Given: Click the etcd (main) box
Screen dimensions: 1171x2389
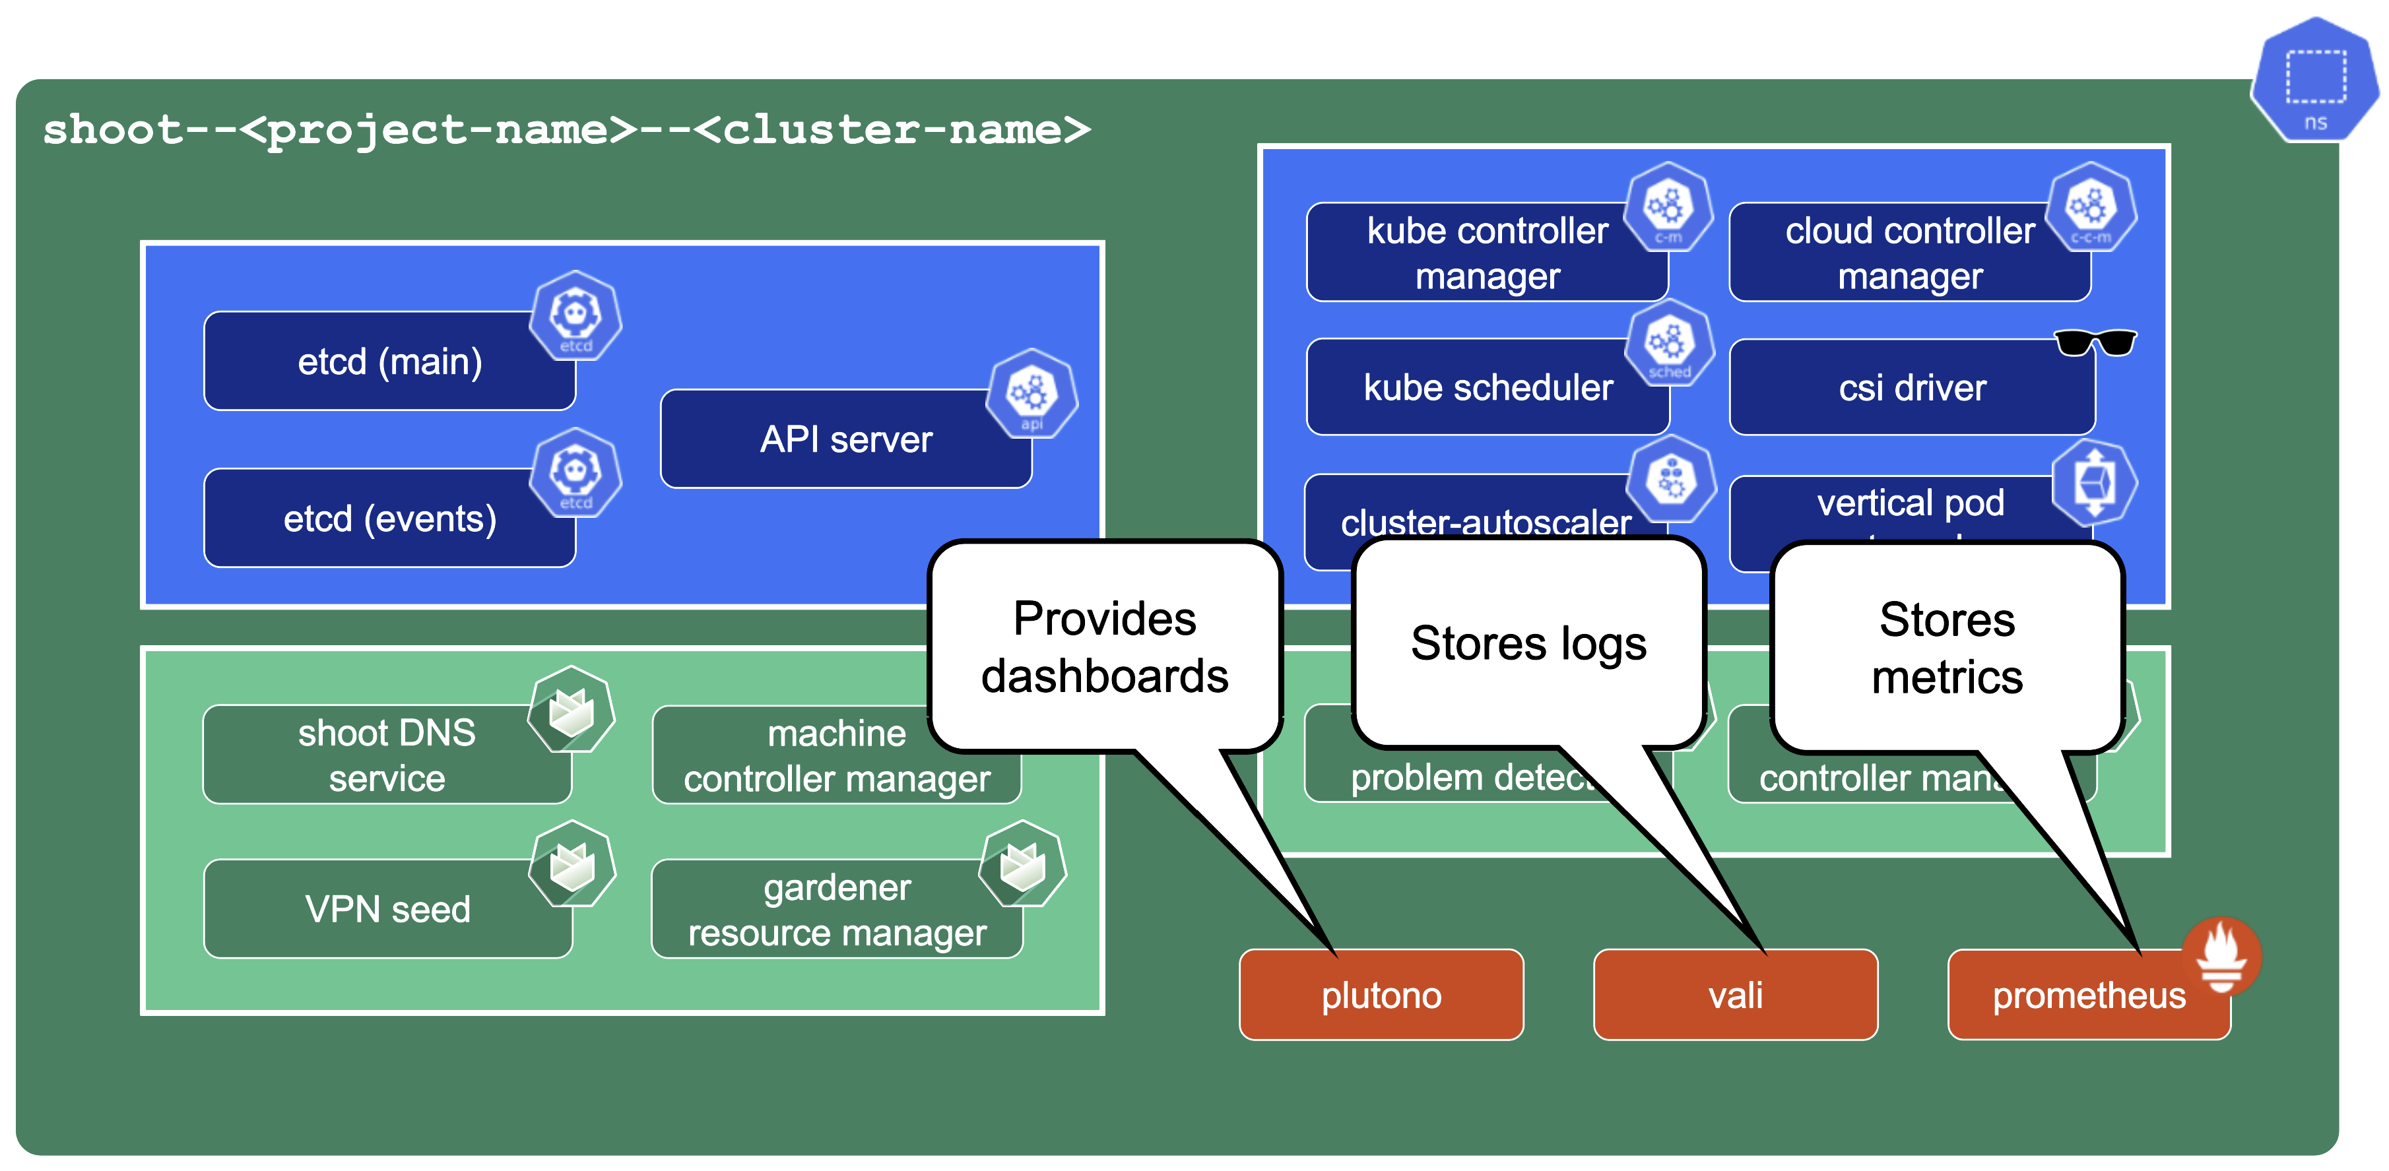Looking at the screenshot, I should coord(389,362).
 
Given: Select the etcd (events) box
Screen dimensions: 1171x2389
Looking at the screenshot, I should coord(389,519).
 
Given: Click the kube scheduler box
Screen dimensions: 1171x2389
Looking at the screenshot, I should coord(1487,387).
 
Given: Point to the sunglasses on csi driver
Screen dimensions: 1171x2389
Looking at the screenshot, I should coord(2094,343).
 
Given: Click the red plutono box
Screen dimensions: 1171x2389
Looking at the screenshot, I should coord(1380,995).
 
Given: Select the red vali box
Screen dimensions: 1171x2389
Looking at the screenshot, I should coord(1734,995).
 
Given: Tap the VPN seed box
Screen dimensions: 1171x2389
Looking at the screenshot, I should coord(387,908).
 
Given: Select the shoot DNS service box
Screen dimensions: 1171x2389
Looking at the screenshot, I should coord(386,755).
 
